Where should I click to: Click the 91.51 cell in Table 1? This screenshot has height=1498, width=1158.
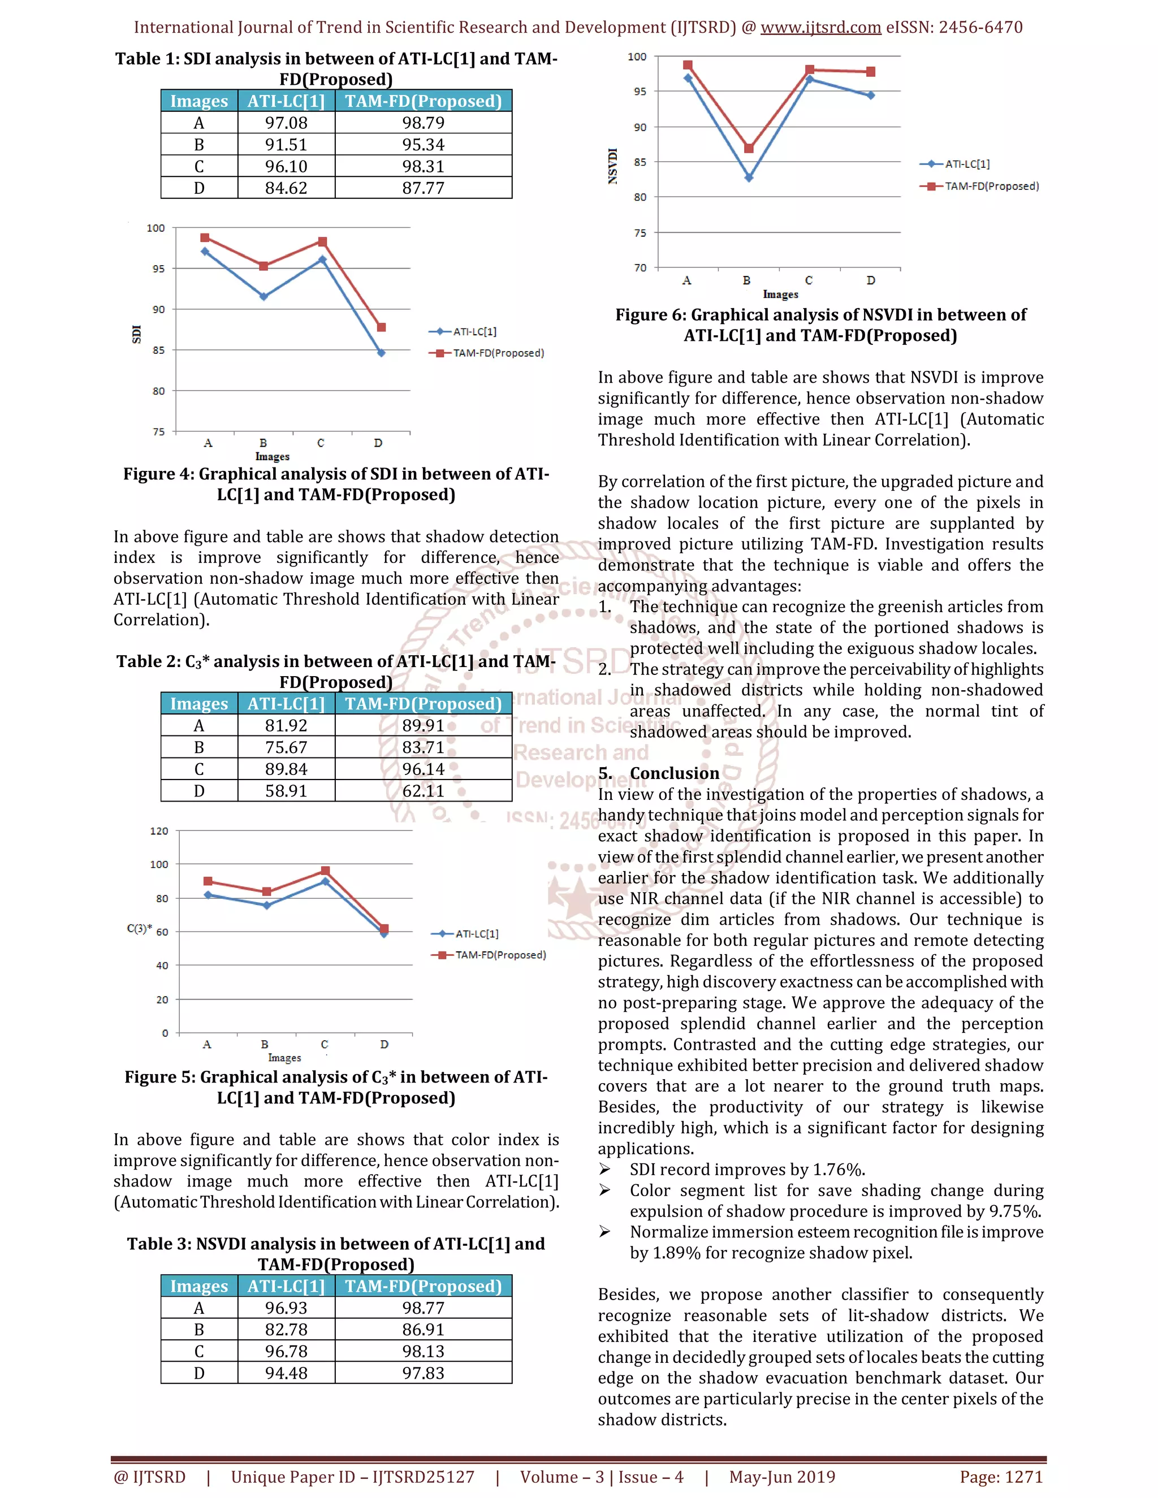pyautogui.click(x=286, y=145)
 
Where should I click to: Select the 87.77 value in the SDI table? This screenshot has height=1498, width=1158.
pyautogui.click(x=424, y=188)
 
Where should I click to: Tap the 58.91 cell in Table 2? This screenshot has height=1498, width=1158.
pyautogui.click(x=286, y=791)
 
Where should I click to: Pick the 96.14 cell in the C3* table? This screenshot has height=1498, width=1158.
pyautogui.click(x=424, y=769)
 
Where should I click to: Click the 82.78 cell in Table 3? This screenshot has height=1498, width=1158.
pyautogui.click(x=286, y=1330)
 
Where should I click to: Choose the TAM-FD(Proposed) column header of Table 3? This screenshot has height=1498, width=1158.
pyautogui.click(x=424, y=1286)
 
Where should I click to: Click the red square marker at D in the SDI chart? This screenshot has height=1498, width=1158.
pyautogui.click(x=382, y=327)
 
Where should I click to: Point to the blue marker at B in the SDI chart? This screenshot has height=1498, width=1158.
pyautogui.click(x=263, y=296)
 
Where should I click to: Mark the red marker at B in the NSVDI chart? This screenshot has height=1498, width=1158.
pyautogui.click(x=749, y=148)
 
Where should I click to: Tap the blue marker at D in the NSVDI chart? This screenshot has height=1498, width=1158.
pyautogui.click(x=871, y=96)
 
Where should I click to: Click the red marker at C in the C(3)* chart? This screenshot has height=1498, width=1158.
pyautogui.click(x=325, y=871)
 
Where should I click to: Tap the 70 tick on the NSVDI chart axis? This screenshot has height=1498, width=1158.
pyautogui.click(x=640, y=268)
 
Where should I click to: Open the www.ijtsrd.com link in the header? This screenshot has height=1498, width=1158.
pyautogui.click(x=820, y=28)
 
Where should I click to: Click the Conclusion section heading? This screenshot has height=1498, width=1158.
pyautogui.click(x=675, y=773)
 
